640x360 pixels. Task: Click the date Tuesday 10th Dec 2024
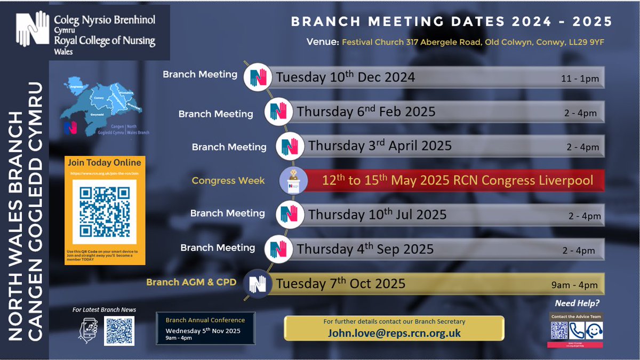(345, 77)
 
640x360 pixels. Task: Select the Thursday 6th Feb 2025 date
(366, 112)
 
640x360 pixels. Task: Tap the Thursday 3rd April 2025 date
(380, 146)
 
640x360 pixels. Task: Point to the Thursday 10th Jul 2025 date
(377, 214)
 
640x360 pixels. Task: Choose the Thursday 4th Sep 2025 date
(365, 249)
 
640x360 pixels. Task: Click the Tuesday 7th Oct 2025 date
(340, 283)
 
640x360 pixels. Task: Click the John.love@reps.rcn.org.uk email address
(394, 333)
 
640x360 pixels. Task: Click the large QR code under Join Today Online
(105, 212)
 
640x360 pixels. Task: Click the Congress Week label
(228, 181)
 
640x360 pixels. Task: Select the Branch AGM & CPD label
(191, 282)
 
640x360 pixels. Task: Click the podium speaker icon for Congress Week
(293, 180)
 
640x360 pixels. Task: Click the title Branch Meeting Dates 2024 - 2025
(451, 22)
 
